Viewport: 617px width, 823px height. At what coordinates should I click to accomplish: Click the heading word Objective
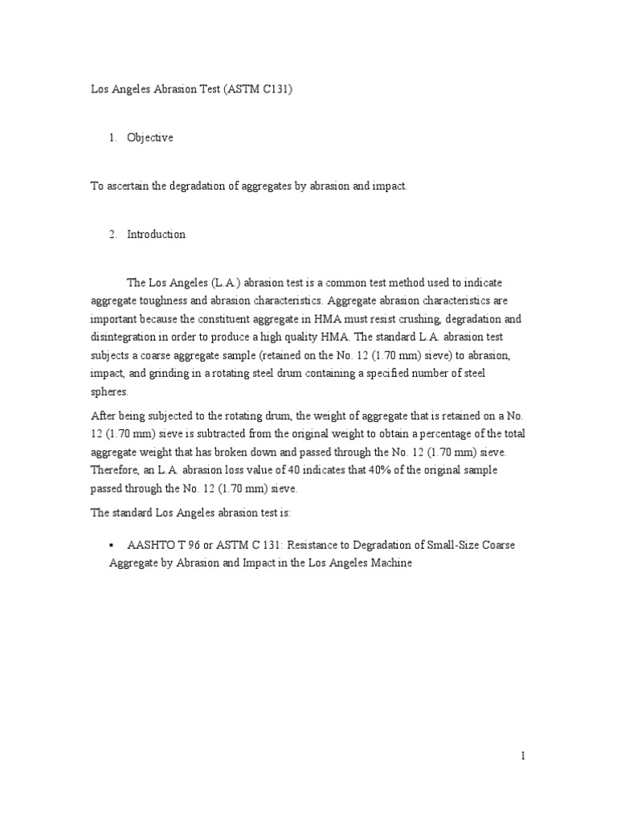[149, 138]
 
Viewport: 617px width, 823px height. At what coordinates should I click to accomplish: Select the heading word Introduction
[156, 235]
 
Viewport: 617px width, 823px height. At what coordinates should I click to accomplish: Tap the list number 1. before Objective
[113, 138]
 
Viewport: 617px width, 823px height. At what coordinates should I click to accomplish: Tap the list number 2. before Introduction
[113, 235]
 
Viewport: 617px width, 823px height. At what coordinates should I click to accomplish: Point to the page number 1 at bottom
[521, 755]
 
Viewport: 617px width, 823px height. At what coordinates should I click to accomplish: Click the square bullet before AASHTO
[112, 545]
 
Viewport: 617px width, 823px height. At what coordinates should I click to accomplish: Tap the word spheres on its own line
[109, 393]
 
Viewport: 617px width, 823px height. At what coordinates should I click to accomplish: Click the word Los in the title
[99, 92]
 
